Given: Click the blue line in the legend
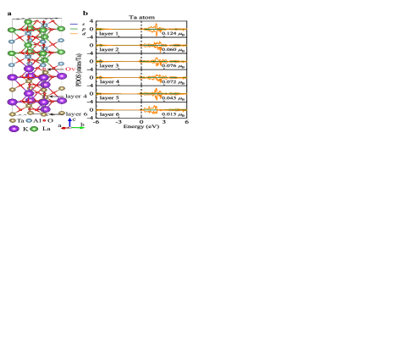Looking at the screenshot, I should [74, 25].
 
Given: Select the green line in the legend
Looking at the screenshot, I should [74, 29].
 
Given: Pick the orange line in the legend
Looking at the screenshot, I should [74, 33].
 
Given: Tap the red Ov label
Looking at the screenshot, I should [71, 69].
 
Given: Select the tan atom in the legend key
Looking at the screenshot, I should [13, 120].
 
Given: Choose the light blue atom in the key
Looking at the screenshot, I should [29, 120].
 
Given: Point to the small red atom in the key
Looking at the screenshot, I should [44, 120].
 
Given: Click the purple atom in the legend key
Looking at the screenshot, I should [14, 129].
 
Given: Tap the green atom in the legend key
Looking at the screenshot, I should [34, 129].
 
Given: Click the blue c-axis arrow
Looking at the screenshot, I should [69, 122].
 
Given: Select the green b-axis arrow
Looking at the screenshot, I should [76, 127].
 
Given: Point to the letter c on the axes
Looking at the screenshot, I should [74, 119].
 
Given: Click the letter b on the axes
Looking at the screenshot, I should [82, 125].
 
